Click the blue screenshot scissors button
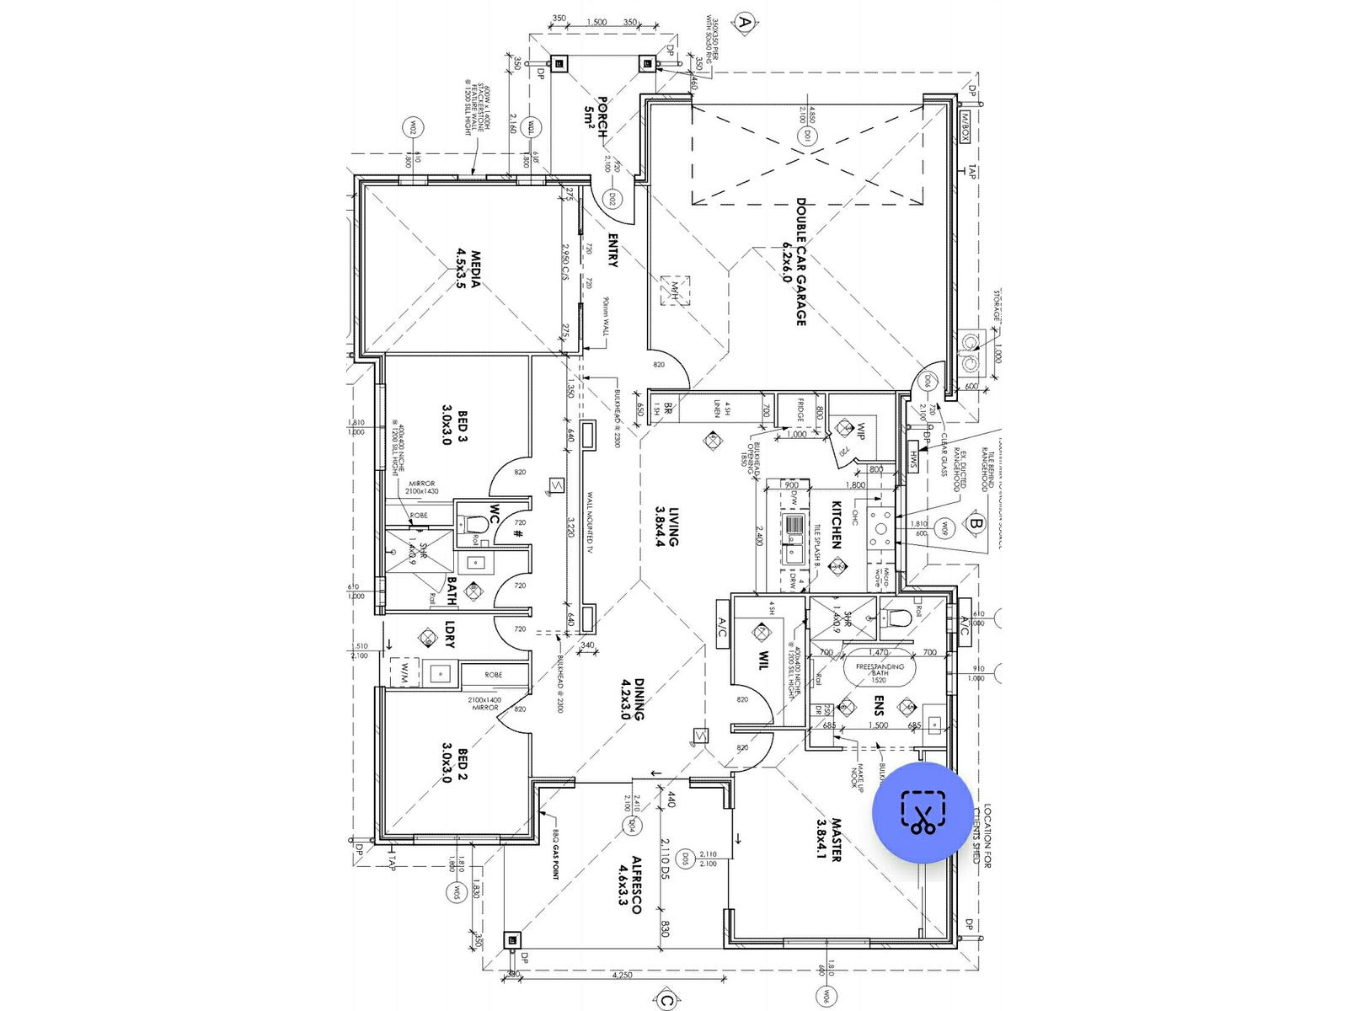coord(924,812)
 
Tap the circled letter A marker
coord(743,22)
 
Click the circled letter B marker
coord(976,523)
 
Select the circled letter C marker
coord(666,1001)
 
